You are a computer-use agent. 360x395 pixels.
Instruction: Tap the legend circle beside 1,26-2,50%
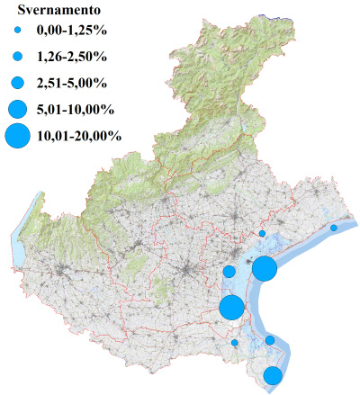(17, 57)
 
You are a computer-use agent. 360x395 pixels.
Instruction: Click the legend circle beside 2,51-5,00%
(17, 83)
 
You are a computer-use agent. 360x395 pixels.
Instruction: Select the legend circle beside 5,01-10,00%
(17, 109)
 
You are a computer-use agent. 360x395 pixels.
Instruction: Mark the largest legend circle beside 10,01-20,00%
(17, 137)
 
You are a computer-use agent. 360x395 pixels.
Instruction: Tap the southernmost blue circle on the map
(273, 376)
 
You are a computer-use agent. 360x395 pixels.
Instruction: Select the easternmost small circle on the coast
(334, 228)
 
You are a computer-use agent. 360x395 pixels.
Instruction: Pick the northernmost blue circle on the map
(262, 234)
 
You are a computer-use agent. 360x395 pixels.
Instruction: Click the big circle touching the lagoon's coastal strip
(264, 268)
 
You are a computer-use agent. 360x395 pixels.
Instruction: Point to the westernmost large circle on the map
(231, 307)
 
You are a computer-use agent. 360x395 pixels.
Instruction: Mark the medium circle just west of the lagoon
(229, 272)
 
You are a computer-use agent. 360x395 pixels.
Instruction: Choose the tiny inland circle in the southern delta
(235, 343)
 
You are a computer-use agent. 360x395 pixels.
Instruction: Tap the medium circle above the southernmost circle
(269, 340)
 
